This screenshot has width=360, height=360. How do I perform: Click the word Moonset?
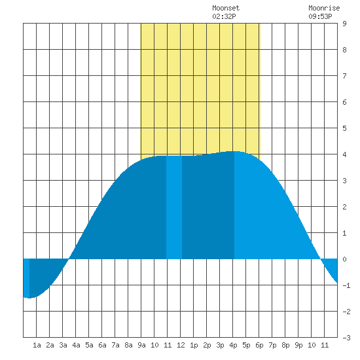click(226, 8)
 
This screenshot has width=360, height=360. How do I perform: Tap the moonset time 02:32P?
click(224, 16)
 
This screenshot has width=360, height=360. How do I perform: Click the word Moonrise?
click(324, 8)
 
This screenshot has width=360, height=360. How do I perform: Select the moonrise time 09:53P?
click(320, 16)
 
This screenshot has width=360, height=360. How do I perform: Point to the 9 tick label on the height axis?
click(344, 24)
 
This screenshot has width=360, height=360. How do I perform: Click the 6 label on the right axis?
click(344, 102)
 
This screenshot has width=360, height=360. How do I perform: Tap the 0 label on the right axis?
click(344, 259)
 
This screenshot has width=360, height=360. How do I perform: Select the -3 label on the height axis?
click(346, 338)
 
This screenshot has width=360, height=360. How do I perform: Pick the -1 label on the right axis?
click(346, 285)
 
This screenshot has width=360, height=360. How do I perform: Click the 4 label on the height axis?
click(344, 154)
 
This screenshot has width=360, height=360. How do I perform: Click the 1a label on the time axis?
click(37, 345)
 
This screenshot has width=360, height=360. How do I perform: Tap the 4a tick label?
click(76, 345)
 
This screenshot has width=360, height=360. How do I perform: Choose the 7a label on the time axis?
click(115, 345)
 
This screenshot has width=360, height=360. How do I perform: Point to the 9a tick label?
click(141, 345)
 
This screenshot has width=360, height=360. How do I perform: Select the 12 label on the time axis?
click(181, 345)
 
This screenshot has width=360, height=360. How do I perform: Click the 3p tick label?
click(220, 345)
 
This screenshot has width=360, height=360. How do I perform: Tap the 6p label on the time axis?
click(259, 345)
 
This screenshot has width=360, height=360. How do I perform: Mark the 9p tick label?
click(298, 345)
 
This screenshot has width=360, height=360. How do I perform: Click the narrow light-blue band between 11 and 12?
click(174, 207)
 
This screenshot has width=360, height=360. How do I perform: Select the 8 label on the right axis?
click(344, 50)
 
